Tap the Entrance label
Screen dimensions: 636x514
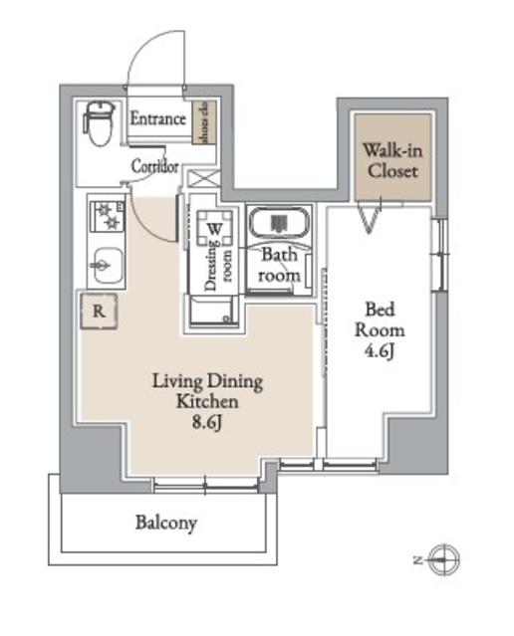click(x=159, y=119)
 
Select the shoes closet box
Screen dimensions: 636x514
click(x=199, y=122)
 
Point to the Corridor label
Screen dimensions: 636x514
click(x=155, y=167)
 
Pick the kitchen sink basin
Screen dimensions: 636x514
click(x=103, y=265)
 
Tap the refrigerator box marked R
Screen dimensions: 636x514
click(x=100, y=309)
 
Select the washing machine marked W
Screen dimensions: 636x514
click(x=213, y=228)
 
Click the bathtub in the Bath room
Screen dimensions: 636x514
click(x=279, y=223)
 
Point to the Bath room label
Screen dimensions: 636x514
click(x=280, y=265)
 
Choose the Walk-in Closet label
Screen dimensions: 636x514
click(x=389, y=160)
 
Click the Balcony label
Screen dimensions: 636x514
click(x=166, y=522)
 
